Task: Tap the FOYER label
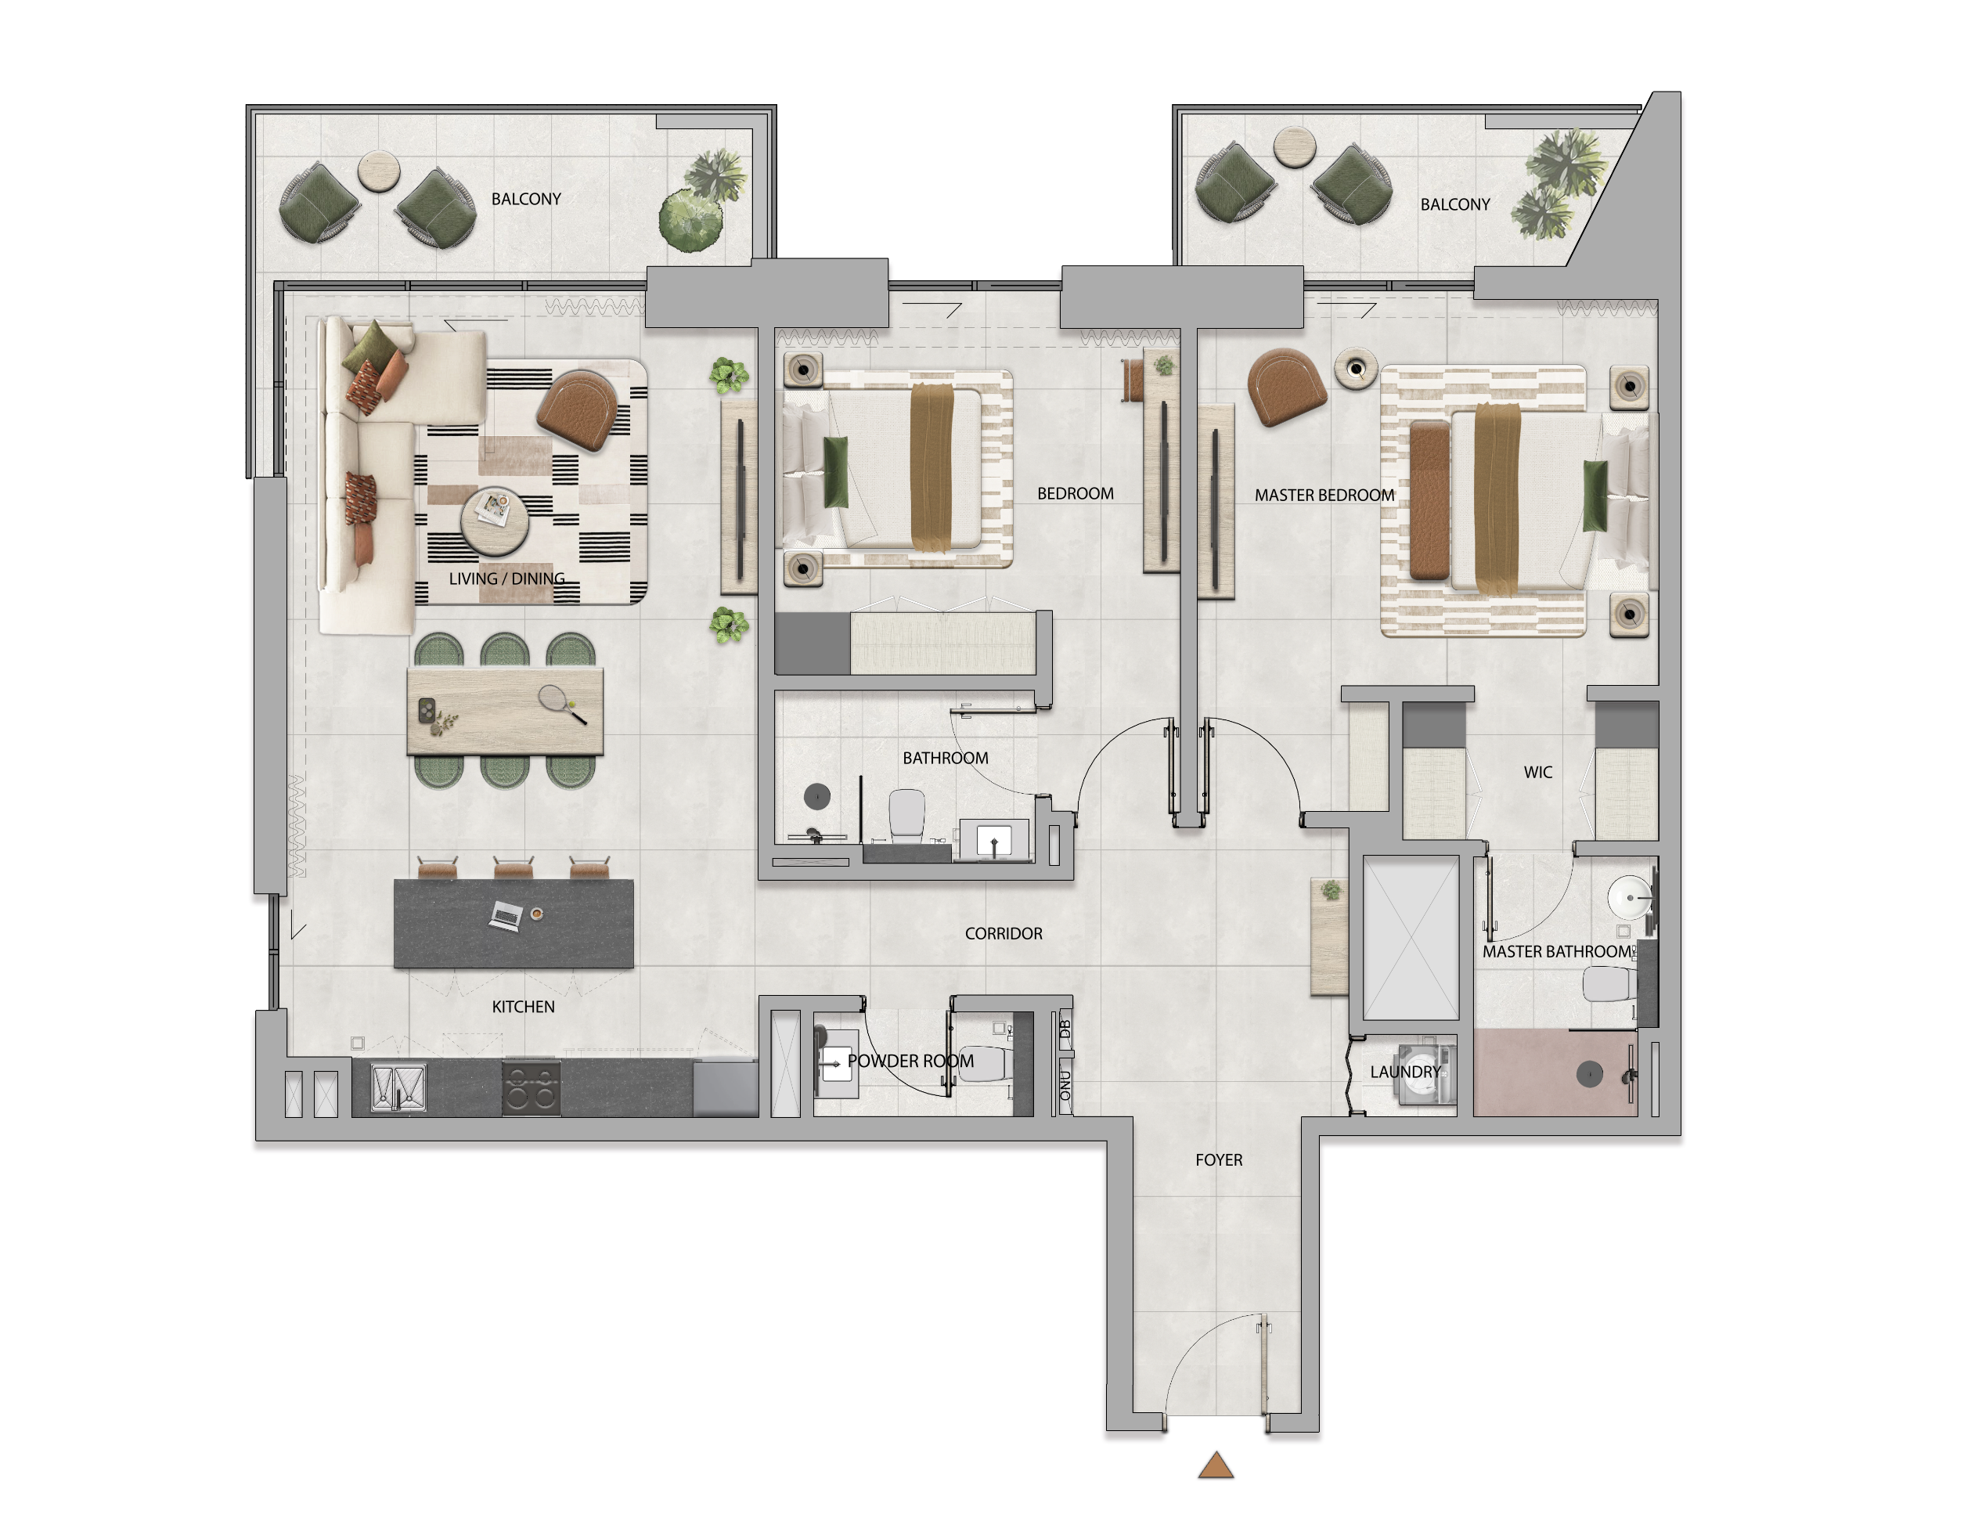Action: [1219, 1160]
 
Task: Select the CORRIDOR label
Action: [1004, 933]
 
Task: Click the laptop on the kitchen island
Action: [506, 915]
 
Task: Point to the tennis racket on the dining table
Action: [563, 704]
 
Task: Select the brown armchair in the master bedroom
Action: [1286, 388]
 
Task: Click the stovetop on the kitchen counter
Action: [531, 1087]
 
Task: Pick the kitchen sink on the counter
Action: [398, 1087]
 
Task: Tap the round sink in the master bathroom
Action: [1630, 899]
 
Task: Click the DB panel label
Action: [1065, 1029]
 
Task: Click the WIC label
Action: [1537, 773]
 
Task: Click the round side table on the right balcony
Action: [1294, 147]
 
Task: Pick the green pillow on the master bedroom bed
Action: [1595, 496]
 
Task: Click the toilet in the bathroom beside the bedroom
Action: [906, 814]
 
